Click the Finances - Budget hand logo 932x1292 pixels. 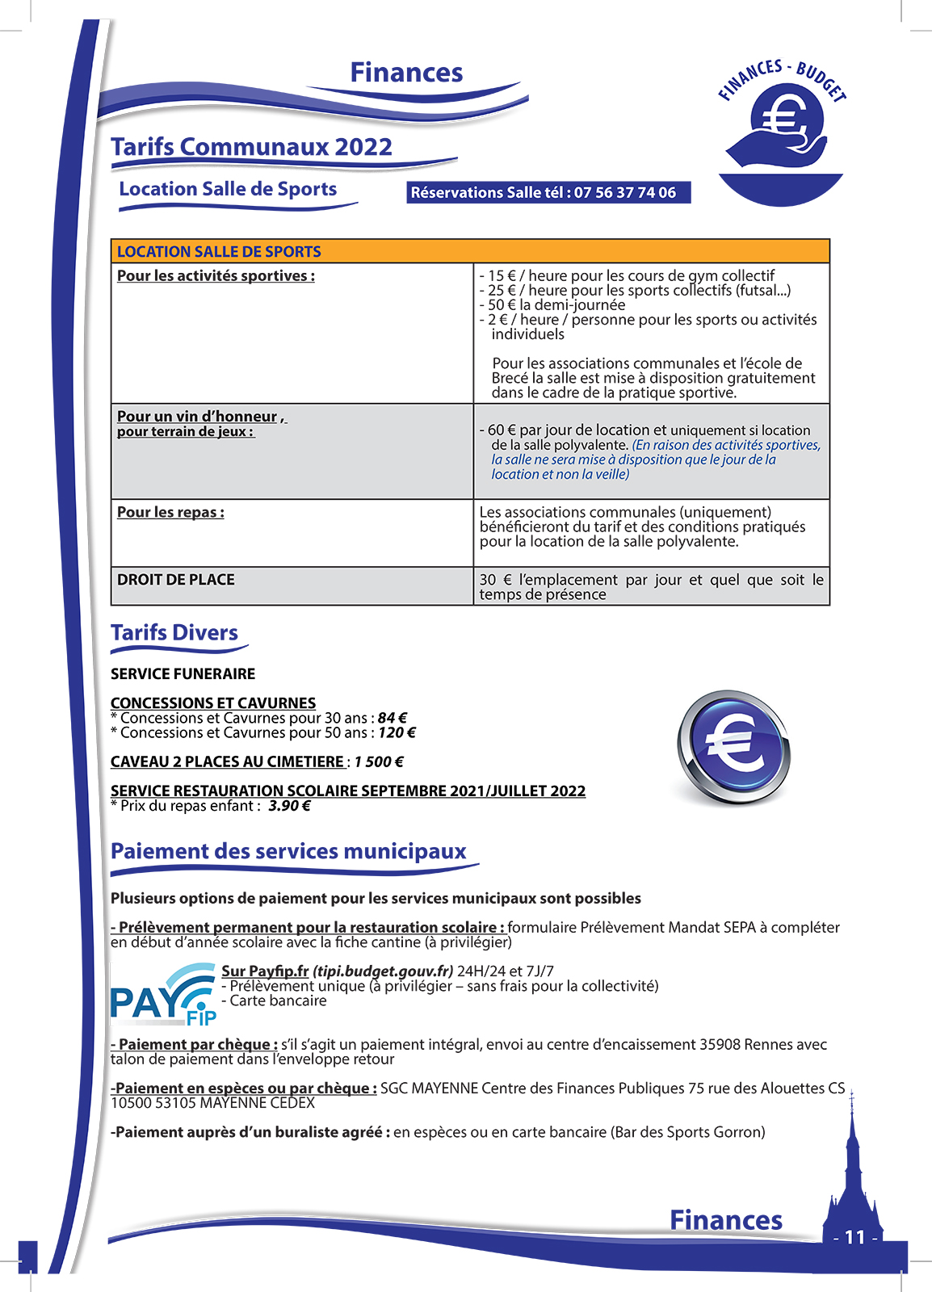[781, 129]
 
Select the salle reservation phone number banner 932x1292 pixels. [548, 192]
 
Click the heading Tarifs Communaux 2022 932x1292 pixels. [251, 147]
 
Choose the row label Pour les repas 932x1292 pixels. [170, 512]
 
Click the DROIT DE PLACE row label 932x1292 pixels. [175, 580]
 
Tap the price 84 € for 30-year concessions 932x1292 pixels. [393, 718]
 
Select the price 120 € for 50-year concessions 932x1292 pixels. [397, 732]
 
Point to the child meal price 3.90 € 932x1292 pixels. [289, 805]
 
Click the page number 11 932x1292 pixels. [854, 1237]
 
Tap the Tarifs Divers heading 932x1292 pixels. [174, 632]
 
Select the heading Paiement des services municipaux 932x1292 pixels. [288, 851]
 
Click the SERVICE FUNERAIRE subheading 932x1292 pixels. [183, 673]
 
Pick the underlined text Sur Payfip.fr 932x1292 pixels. [265, 971]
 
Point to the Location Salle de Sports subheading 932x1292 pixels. [228, 189]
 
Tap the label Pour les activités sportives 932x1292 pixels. [216, 275]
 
